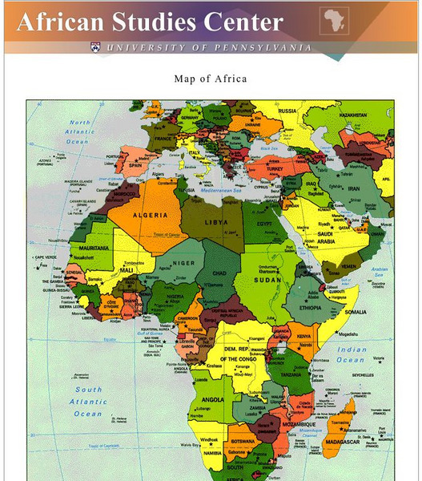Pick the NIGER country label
click(x=183, y=262)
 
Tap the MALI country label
click(x=127, y=270)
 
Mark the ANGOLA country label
click(x=211, y=398)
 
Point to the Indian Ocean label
click(x=351, y=354)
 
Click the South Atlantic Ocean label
click(x=88, y=402)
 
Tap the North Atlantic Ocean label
click(x=79, y=132)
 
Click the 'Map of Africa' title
click(x=211, y=79)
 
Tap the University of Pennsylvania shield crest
click(x=96, y=47)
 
